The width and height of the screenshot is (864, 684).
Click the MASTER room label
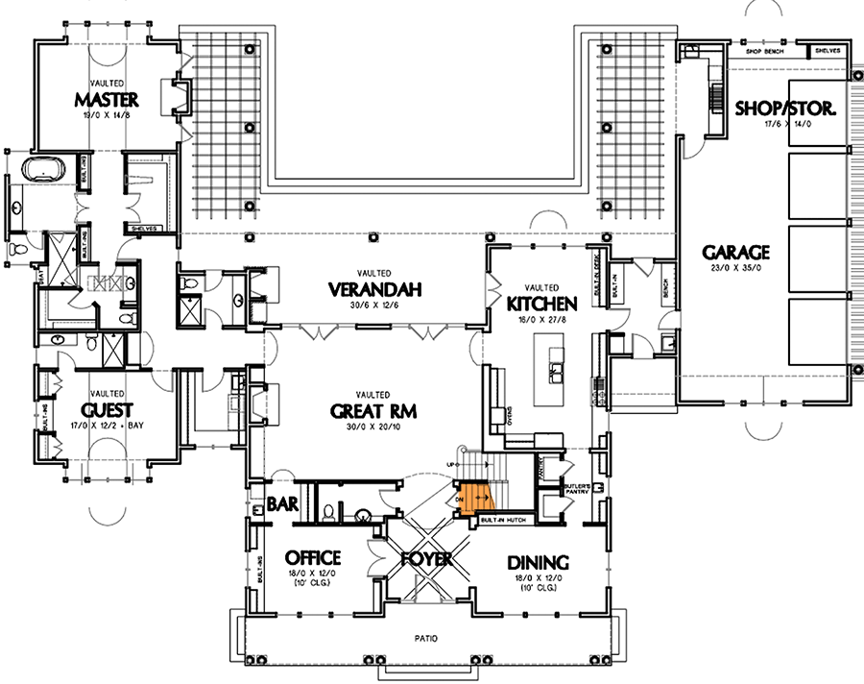point(108,99)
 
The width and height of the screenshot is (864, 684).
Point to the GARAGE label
point(736,253)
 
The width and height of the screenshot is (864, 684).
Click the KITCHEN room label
point(544,304)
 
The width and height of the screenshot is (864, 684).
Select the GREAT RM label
point(372,411)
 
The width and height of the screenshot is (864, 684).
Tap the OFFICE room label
point(313,557)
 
